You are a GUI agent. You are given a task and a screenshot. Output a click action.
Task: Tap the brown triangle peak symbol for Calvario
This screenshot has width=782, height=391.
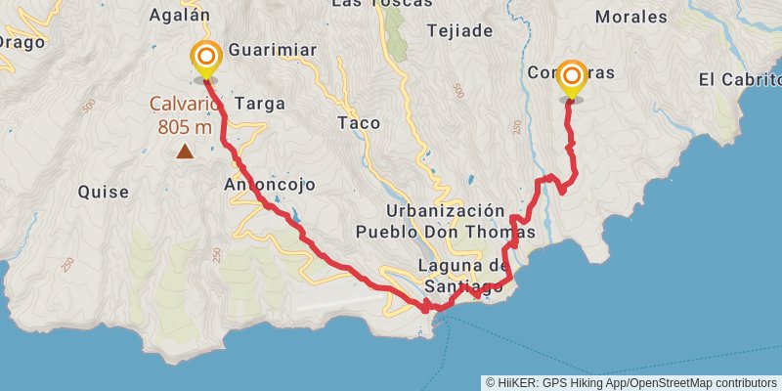tap(184, 151)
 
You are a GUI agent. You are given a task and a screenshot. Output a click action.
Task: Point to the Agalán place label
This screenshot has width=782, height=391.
tap(180, 15)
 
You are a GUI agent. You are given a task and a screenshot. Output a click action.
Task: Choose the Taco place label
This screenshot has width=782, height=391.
tap(358, 123)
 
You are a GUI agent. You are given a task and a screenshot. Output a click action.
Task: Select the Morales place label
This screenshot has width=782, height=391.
tap(630, 17)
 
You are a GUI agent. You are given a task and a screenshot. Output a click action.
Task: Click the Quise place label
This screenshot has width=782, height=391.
tap(104, 193)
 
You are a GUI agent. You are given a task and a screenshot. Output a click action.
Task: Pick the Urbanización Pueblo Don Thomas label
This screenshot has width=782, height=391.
tap(446, 222)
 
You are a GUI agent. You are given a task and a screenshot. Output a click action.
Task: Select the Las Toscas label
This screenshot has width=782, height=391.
tap(382, 4)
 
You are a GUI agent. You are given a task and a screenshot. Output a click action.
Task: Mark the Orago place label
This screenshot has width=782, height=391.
tap(22, 42)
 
